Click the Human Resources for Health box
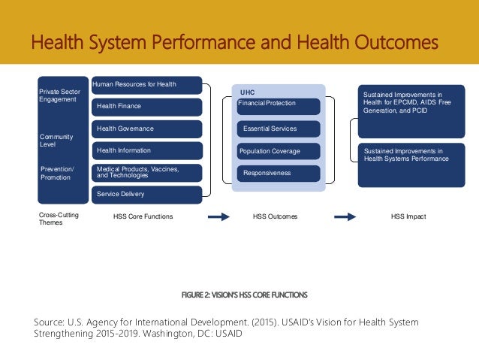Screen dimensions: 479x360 coord(146,85)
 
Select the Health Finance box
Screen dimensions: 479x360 coord(146,107)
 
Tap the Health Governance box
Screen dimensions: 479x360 coord(146,129)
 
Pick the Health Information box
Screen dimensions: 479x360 coord(146,150)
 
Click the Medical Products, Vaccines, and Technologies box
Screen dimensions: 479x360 coord(146,172)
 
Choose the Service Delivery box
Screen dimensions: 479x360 coord(146,194)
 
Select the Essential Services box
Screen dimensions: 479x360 coord(279,129)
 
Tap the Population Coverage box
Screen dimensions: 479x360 coord(279,151)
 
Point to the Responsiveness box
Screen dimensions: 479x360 coord(279,173)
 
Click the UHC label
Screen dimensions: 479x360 coord(247,92)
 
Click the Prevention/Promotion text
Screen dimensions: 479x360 coord(56,173)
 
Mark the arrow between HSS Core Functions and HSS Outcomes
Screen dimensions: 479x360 coord(218,216)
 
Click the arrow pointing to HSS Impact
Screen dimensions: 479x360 coord(345,216)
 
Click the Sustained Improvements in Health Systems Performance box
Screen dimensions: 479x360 coord(408,165)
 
